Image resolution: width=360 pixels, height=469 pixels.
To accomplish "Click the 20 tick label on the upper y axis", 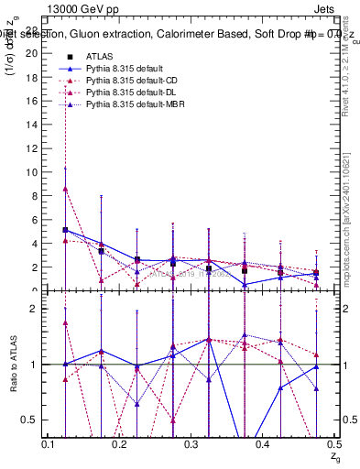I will (x=33, y=53).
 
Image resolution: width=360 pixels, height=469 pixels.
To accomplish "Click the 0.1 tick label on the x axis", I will (x=49, y=444).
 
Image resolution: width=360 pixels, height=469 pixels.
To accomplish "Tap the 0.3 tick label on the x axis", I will (x=191, y=444).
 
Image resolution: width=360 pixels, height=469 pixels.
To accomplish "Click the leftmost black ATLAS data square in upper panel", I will (x=65, y=230).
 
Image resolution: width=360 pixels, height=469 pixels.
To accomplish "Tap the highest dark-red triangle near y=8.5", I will (x=65, y=189).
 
